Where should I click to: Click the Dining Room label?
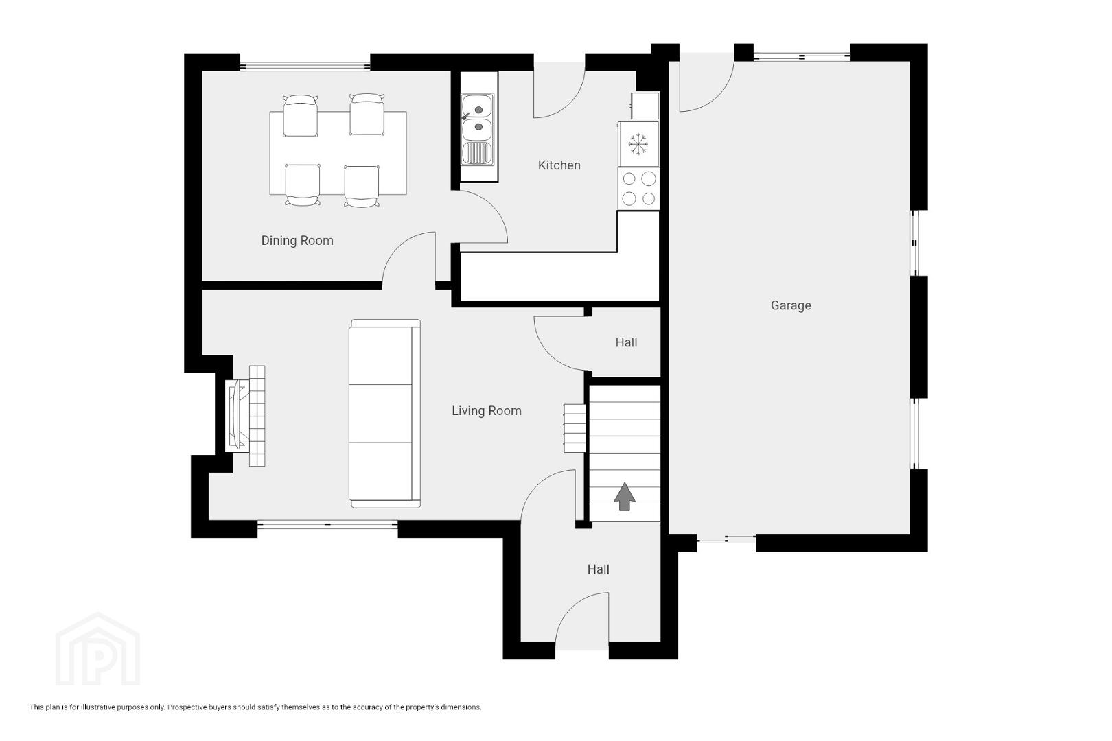click(x=297, y=241)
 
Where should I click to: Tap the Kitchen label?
click(x=559, y=165)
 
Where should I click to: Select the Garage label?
click(x=791, y=306)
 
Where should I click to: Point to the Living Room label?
click(x=487, y=411)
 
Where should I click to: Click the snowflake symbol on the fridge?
click(x=638, y=144)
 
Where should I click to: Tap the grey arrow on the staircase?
click(x=625, y=496)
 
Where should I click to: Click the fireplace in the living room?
click(x=245, y=416)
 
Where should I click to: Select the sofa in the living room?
click(x=384, y=414)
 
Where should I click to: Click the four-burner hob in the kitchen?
click(x=639, y=189)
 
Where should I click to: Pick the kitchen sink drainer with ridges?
click(x=478, y=153)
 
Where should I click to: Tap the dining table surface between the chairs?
click(x=338, y=150)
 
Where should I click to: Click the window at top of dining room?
click(x=305, y=66)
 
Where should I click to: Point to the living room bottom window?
click(x=327, y=524)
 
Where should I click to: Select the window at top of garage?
click(x=802, y=57)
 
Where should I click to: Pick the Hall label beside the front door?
click(x=598, y=569)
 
